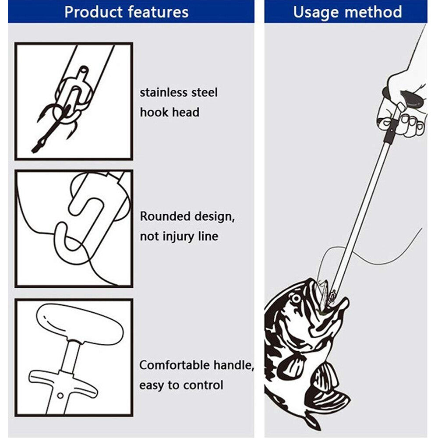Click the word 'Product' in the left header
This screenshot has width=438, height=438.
point(91,12)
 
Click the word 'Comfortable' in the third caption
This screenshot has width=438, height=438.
point(175,365)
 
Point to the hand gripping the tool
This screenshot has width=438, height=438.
point(402,109)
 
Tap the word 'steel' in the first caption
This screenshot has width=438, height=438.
point(205,93)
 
